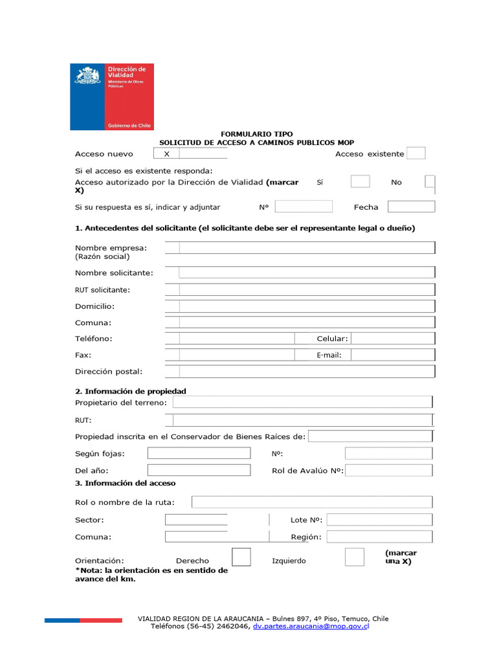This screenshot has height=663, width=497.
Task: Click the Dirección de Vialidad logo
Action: [112, 96]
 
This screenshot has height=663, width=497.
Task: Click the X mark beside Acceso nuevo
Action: [166, 154]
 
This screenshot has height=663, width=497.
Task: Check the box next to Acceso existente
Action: [416, 153]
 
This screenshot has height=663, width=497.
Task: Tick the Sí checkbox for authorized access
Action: [360, 182]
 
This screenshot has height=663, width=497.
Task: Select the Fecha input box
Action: [411, 207]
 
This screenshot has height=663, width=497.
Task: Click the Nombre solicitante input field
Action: [306, 273]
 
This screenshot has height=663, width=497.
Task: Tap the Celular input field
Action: [392, 339]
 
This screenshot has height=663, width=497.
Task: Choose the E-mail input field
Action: [392, 355]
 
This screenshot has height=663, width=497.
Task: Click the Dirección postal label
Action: [109, 372]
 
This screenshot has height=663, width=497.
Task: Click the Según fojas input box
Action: [199, 454]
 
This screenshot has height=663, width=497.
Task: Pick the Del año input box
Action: [199, 470]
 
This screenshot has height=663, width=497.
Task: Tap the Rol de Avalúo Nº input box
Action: [388, 471]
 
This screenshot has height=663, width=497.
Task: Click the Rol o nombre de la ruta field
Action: [311, 502]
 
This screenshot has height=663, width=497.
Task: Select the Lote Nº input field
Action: [380, 520]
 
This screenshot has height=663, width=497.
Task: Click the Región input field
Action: [380, 537]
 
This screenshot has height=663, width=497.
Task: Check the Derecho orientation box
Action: [241, 557]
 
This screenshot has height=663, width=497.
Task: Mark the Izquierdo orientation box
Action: [355, 557]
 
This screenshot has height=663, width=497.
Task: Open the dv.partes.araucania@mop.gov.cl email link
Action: [310, 627]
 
